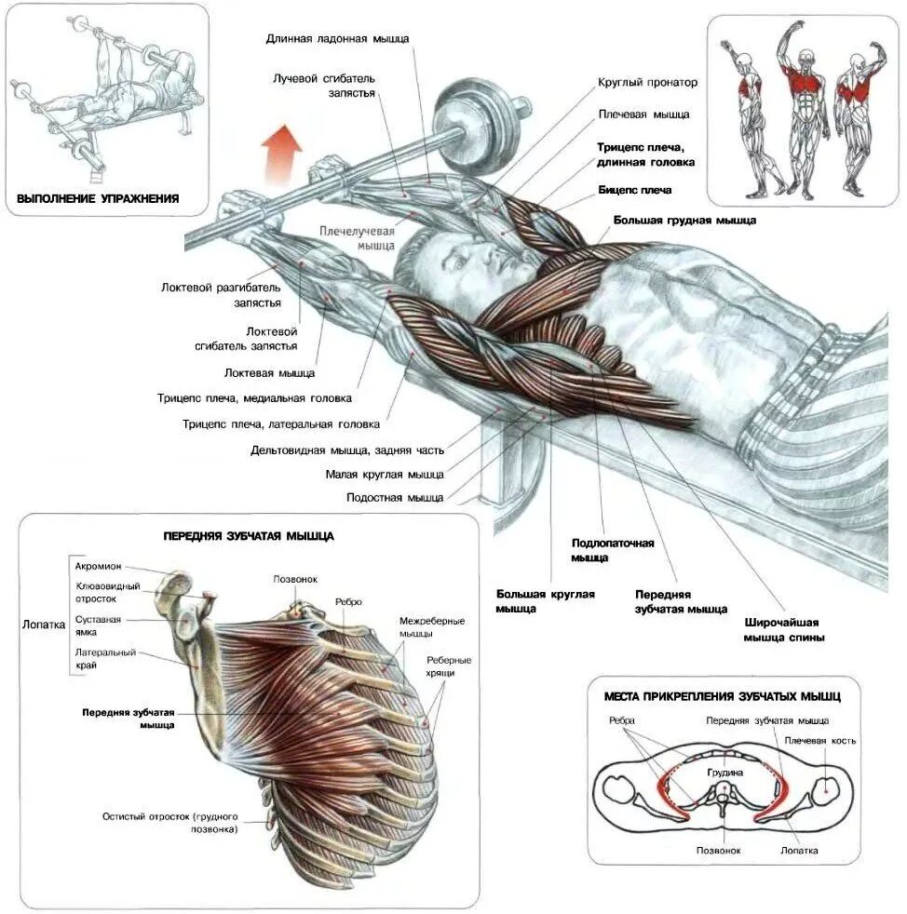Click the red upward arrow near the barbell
coord(280,153)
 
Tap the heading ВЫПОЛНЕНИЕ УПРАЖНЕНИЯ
coord(98,198)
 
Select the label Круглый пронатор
coord(647,83)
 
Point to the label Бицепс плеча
coord(634,190)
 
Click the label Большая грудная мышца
coord(684,221)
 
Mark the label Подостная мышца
coord(395,498)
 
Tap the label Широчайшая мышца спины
coord(784,629)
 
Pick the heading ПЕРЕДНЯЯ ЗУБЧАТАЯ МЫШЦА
coord(249,536)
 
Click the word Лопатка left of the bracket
coord(44,625)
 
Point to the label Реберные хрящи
coord(448,665)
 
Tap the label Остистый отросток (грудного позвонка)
coord(170,822)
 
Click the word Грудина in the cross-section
coord(724,772)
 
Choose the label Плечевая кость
coord(819,741)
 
